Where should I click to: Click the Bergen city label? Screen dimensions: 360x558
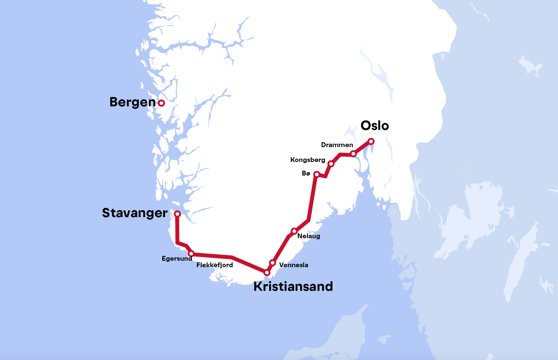click(132, 102)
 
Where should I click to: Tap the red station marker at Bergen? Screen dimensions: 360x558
click(161, 103)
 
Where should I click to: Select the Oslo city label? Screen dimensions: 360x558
click(375, 126)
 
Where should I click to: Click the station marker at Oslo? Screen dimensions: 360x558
click(371, 141)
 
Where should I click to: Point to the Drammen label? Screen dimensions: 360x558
click(337, 145)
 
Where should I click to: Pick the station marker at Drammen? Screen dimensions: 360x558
click(354, 154)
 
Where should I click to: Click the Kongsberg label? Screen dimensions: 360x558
click(308, 160)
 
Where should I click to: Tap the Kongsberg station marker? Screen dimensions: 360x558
click(331, 164)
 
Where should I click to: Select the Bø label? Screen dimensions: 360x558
click(306, 173)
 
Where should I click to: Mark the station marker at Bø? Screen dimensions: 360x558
click(317, 174)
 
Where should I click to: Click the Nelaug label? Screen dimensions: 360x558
click(309, 236)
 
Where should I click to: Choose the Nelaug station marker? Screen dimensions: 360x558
click(294, 231)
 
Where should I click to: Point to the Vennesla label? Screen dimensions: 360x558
click(294, 265)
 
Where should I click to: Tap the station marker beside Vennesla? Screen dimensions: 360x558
click(272, 263)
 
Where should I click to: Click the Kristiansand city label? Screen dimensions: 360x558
click(293, 287)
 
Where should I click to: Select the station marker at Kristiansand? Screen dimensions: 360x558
click(267, 273)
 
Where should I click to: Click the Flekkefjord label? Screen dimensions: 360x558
click(215, 265)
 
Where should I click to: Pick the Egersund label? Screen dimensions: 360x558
click(177, 258)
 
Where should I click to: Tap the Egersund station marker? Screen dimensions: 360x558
click(191, 254)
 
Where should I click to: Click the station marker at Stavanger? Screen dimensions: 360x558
click(177, 214)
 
